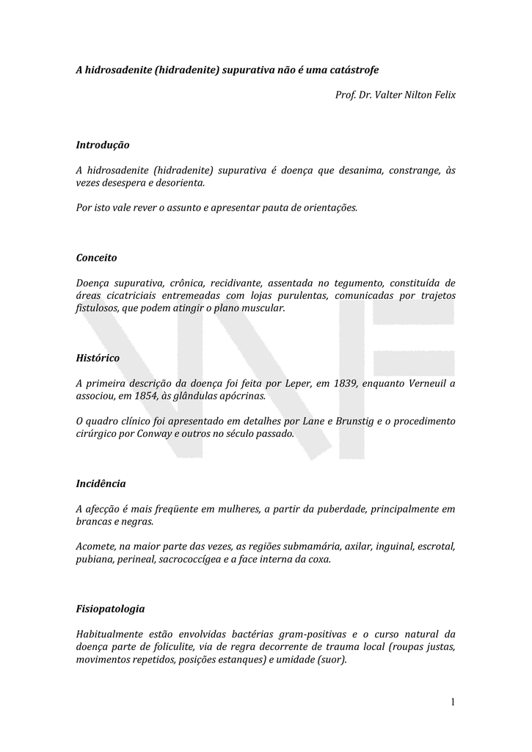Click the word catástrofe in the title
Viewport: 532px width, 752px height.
[x=354, y=70]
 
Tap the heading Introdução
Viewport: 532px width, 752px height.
[x=103, y=145]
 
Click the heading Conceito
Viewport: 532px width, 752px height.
[x=97, y=258]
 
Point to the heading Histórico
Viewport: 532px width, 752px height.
[x=98, y=357]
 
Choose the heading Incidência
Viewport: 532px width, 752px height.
[x=101, y=483]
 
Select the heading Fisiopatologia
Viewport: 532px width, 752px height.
[x=111, y=609]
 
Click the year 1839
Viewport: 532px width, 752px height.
[x=346, y=383]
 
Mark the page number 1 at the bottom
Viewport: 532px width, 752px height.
[x=453, y=703]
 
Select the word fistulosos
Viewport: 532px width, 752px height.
[x=98, y=308]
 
